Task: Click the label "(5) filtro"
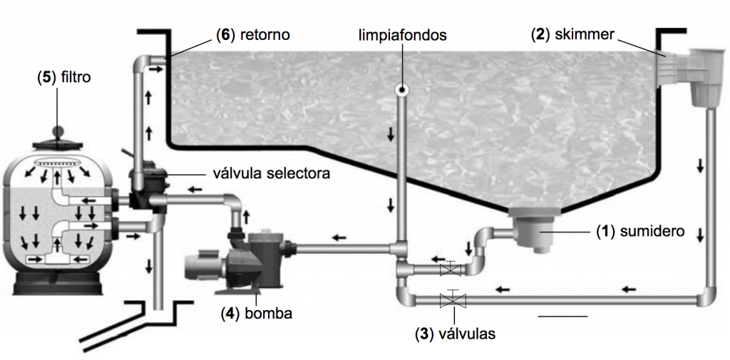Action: (x=64, y=76)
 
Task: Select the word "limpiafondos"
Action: (x=403, y=34)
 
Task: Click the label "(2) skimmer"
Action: (x=572, y=34)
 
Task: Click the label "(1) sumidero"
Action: (x=640, y=232)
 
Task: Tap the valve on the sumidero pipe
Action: (x=449, y=269)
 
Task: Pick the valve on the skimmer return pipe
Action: (x=449, y=299)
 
